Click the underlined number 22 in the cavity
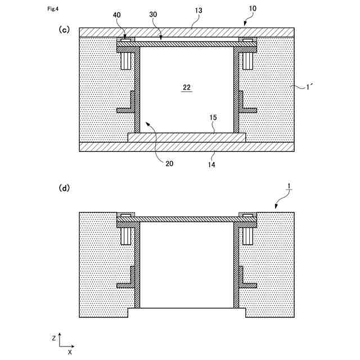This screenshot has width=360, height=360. [x=187, y=87]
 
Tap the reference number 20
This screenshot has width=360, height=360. [x=169, y=164]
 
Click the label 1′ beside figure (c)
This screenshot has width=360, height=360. [x=310, y=87]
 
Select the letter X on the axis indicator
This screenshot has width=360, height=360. [x=70, y=352]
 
